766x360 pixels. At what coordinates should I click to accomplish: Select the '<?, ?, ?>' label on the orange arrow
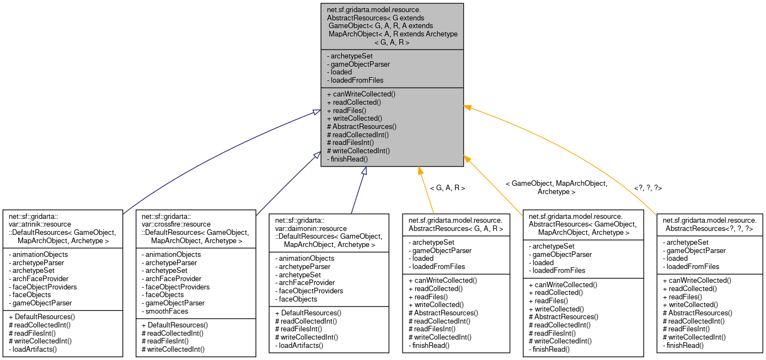[x=648, y=188]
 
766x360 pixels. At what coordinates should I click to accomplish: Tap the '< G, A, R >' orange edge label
[x=447, y=188]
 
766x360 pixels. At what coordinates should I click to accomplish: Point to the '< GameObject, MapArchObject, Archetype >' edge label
[x=556, y=187]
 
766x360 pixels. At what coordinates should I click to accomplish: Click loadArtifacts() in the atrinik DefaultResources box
[x=35, y=349]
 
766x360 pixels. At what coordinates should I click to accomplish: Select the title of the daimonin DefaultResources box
[x=329, y=232]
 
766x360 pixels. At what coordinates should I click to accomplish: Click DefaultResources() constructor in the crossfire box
[x=175, y=325]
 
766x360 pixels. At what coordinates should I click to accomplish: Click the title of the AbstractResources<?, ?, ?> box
[x=709, y=224]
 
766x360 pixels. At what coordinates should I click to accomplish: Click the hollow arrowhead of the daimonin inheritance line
[x=364, y=171]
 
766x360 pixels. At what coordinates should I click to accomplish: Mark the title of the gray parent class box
[x=392, y=26]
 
